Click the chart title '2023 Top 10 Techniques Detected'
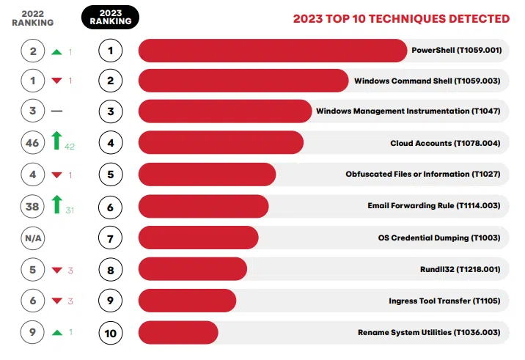(x=401, y=19)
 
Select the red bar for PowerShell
(x=271, y=51)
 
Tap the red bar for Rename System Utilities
(x=178, y=332)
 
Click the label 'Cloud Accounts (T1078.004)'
(x=445, y=143)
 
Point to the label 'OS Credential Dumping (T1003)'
(x=438, y=238)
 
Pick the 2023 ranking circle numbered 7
(x=110, y=238)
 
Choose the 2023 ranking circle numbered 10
(x=110, y=333)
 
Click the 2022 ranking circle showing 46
(x=32, y=144)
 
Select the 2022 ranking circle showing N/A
(x=32, y=238)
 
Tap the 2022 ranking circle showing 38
(x=32, y=207)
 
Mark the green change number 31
(x=70, y=211)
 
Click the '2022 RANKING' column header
(x=32, y=18)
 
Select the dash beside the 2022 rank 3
(x=56, y=112)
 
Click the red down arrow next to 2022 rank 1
(x=56, y=81)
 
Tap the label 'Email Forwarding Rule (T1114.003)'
(x=434, y=206)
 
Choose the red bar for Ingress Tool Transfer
(x=187, y=301)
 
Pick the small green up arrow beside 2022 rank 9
(x=56, y=332)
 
